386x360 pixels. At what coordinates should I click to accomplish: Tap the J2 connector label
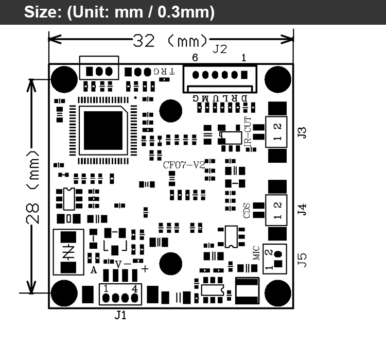coord(220,49)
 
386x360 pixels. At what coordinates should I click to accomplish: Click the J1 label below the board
coord(120,315)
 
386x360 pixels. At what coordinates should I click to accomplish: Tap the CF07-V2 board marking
coord(184,165)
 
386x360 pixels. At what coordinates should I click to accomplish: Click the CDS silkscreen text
coord(247,210)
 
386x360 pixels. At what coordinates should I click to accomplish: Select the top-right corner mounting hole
coord(278,78)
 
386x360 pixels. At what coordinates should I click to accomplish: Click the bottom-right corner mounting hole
coord(278,293)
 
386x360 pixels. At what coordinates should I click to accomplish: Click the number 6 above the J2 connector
coord(195,58)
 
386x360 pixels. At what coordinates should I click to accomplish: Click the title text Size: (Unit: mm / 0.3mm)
coord(119,12)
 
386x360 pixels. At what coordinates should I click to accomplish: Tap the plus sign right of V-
coord(145,269)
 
